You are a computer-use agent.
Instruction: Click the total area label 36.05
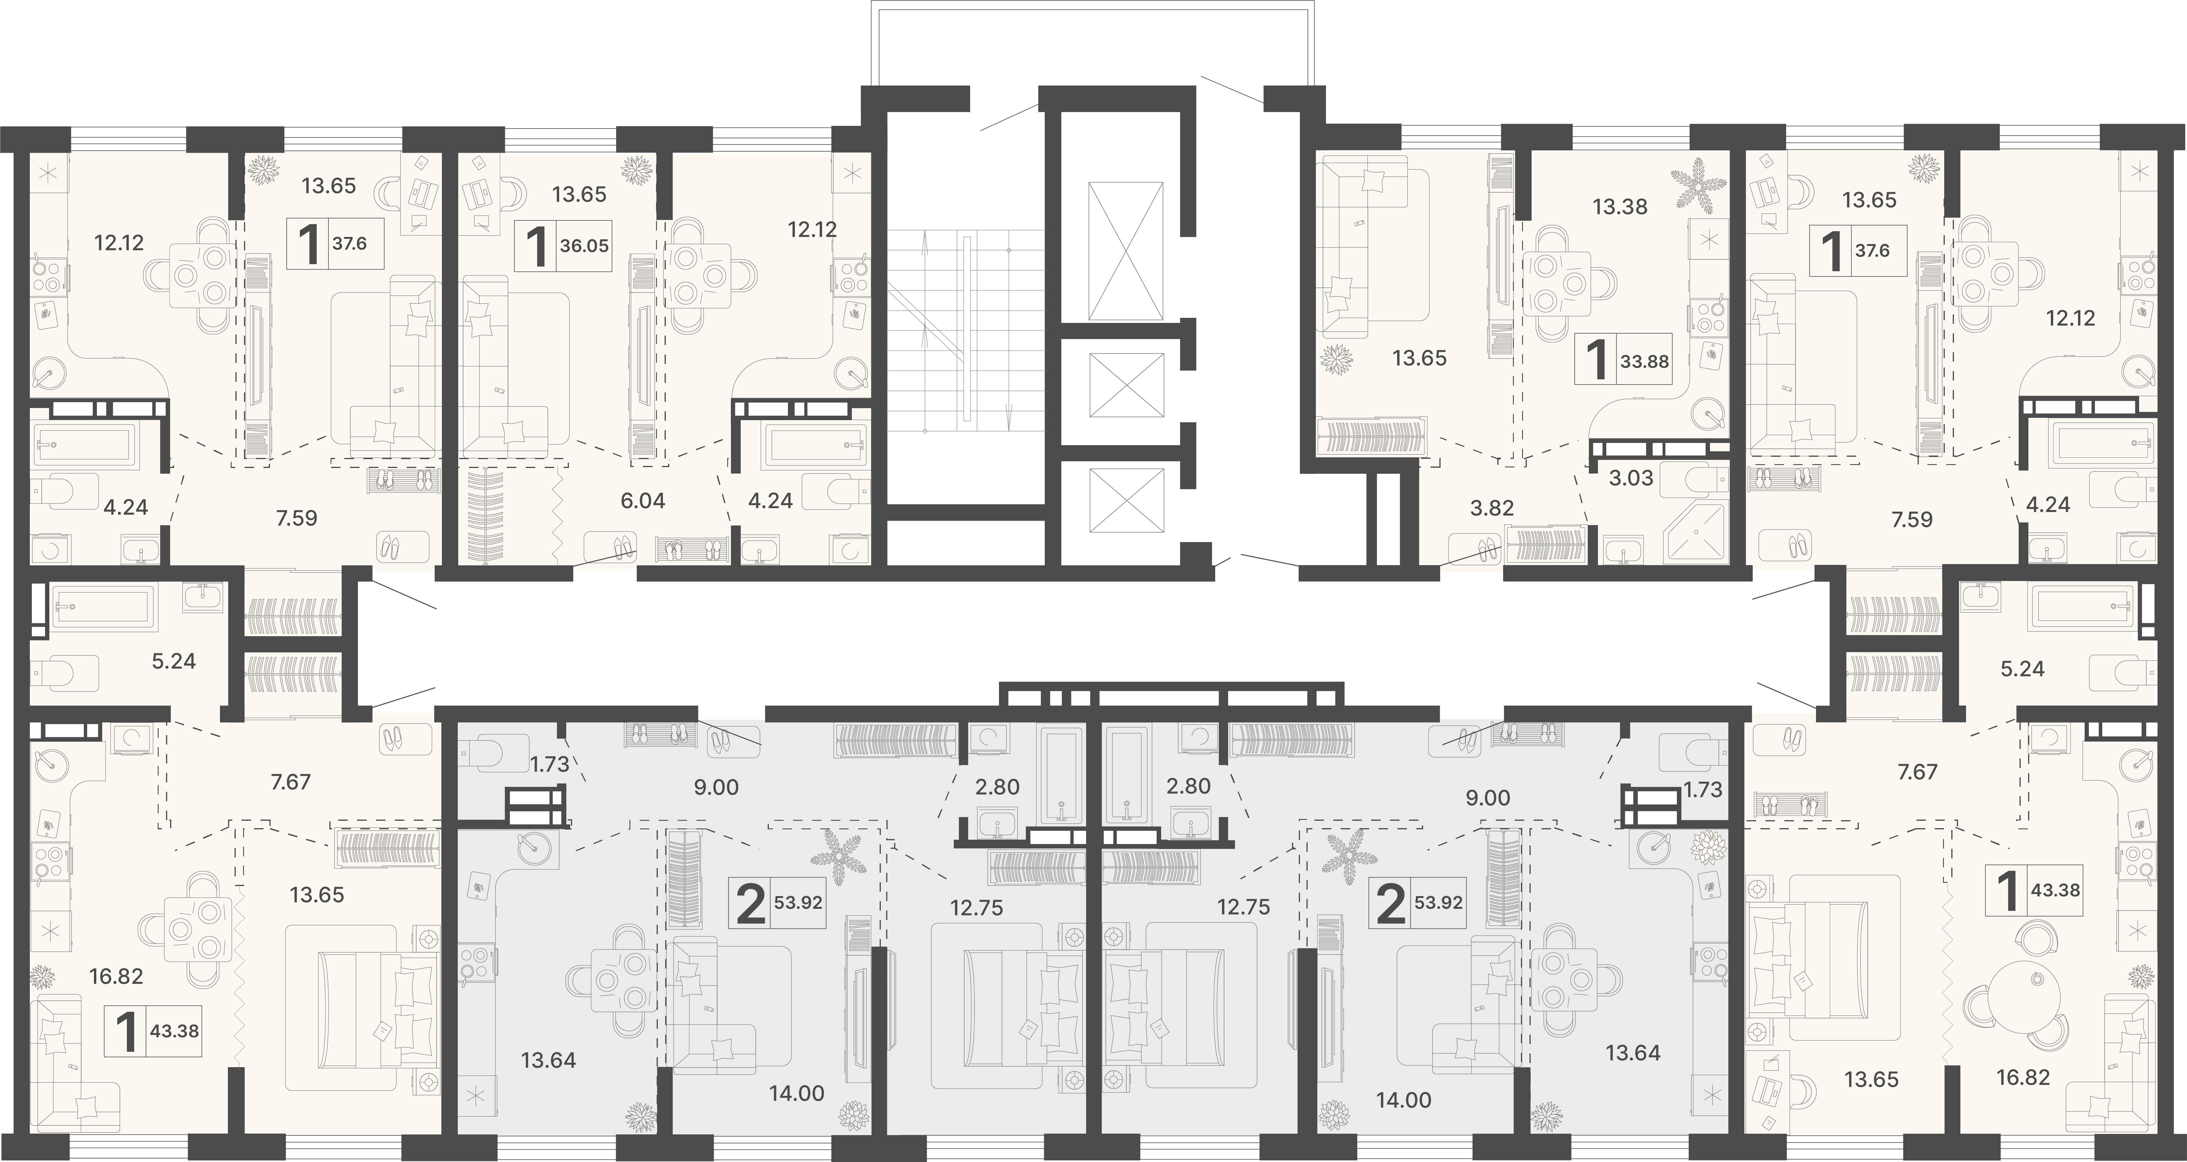click(584, 246)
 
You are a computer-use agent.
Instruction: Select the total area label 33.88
click(1644, 361)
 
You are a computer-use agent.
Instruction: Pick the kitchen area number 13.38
click(1620, 207)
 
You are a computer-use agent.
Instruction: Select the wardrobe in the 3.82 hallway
click(1545, 545)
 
